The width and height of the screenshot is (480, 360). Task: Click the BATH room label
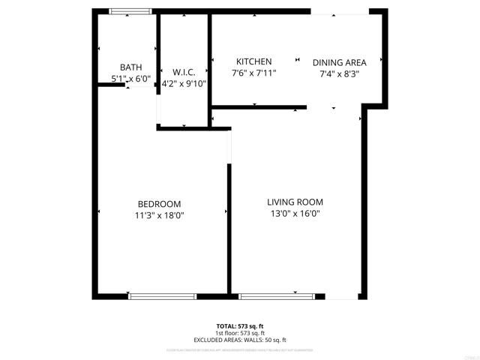(x=130, y=67)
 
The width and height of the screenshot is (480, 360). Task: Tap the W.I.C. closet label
(x=184, y=72)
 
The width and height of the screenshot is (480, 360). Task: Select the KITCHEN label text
(x=253, y=61)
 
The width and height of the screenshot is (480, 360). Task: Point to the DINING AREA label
(x=339, y=62)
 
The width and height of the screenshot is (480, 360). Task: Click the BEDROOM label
(x=159, y=204)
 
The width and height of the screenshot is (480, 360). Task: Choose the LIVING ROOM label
(x=295, y=202)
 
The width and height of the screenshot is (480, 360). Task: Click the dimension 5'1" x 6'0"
(x=130, y=78)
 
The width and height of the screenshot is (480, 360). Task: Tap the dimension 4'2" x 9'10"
(x=184, y=83)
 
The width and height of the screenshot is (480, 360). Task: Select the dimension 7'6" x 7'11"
(x=253, y=73)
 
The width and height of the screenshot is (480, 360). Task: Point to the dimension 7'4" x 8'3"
(x=339, y=73)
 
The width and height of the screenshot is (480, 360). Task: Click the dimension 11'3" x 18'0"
(x=159, y=215)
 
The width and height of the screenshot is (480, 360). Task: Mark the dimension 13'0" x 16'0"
(x=295, y=213)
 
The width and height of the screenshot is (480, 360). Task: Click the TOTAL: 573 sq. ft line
(x=240, y=326)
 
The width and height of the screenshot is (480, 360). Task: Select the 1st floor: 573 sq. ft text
(x=240, y=333)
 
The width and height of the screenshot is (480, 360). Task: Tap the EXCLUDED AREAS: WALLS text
(x=240, y=340)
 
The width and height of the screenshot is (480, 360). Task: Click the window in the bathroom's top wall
(x=130, y=12)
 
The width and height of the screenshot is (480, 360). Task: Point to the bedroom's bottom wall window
(x=162, y=296)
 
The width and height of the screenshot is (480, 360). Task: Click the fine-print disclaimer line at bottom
(x=240, y=349)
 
